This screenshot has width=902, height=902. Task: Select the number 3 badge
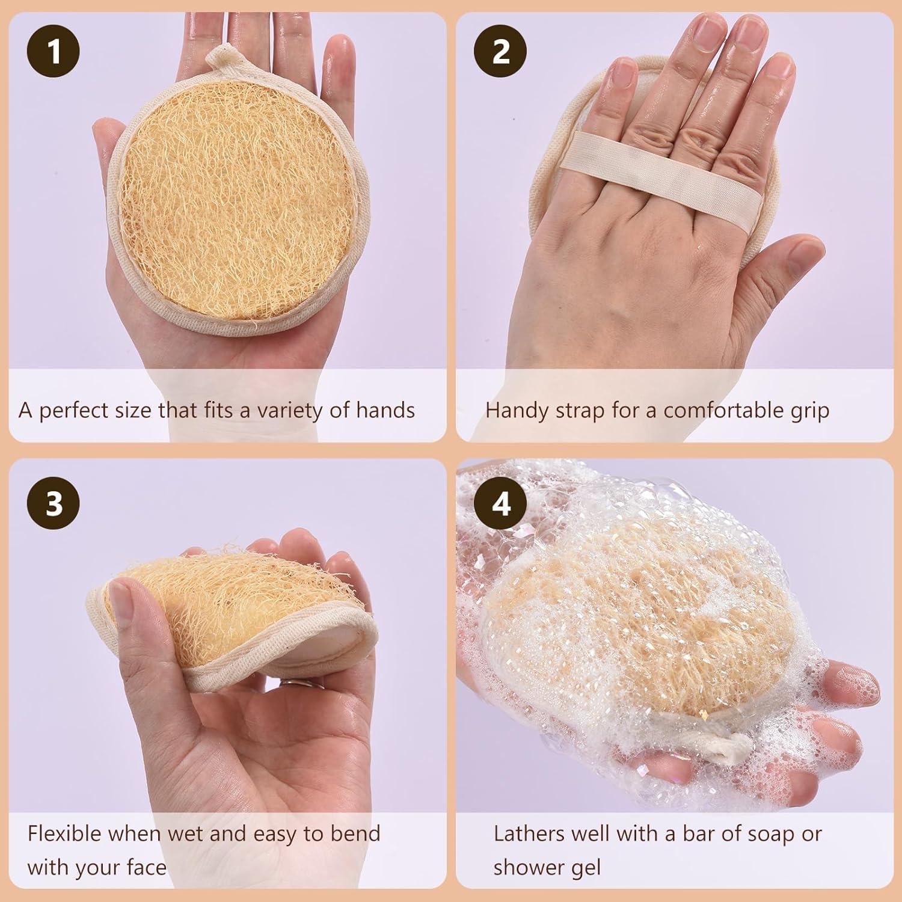click(x=53, y=503)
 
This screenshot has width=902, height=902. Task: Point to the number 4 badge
click(x=501, y=503)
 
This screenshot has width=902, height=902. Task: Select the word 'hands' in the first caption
click(x=385, y=410)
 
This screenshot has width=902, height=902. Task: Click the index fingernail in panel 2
click(x=621, y=84)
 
